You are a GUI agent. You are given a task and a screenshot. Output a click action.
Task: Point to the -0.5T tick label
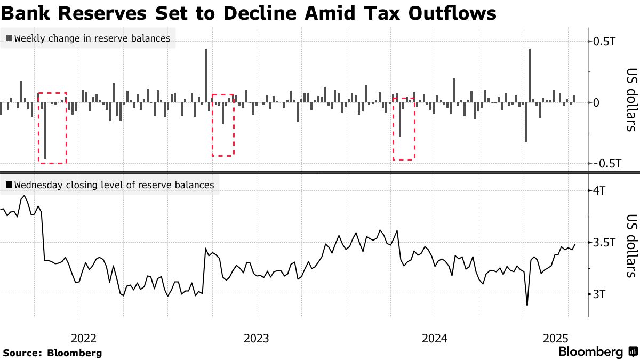tap(606, 164)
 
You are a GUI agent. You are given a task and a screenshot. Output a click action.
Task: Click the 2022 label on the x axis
tap(84, 338)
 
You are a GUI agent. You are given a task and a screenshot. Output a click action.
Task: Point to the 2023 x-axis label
tap(257, 338)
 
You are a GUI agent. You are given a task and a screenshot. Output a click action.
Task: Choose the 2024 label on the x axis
tap(434, 338)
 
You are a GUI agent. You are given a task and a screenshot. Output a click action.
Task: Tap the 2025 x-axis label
tap(556, 338)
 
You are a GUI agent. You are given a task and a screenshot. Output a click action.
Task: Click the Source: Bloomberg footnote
tap(52, 353)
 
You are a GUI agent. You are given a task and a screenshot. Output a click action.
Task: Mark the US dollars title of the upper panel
tap(631, 100)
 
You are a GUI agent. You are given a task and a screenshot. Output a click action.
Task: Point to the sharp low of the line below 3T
tap(527, 305)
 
